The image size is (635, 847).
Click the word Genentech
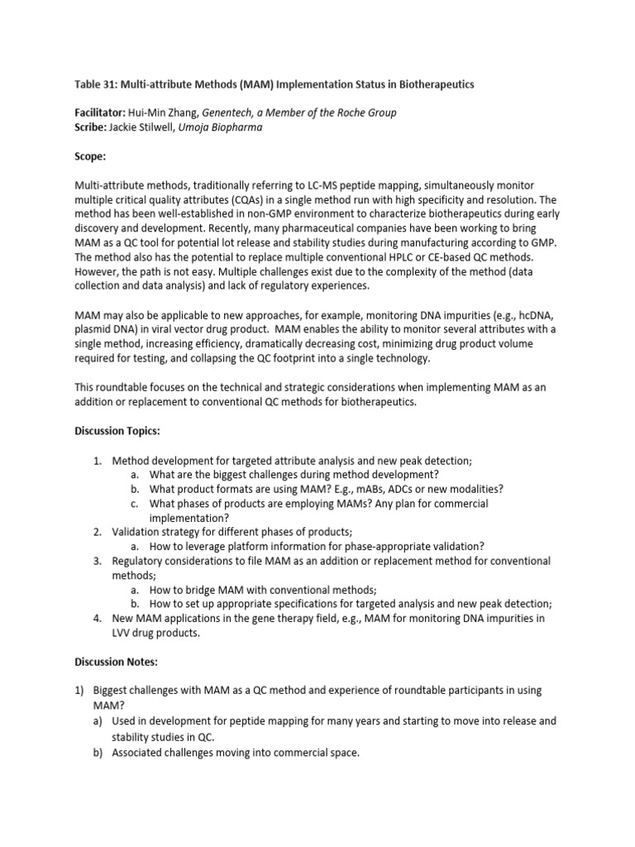tap(240, 112)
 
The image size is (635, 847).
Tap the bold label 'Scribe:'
tap(93, 127)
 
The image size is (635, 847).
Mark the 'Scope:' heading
tap(91, 155)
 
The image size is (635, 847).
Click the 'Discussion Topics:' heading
tap(122, 431)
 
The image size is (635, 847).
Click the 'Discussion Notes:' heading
tap(119, 661)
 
